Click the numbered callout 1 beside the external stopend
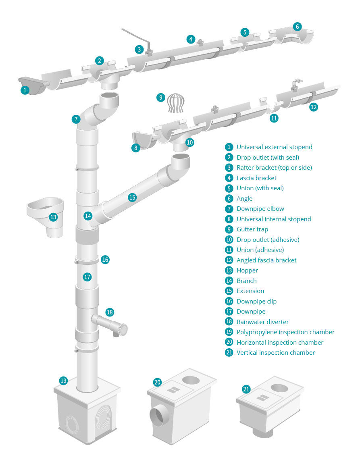tap(25, 90)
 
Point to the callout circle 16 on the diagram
tap(105, 260)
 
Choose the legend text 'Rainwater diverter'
tap(262, 322)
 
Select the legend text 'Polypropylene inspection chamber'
tap(285, 332)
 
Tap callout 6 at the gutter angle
tap(297, 27)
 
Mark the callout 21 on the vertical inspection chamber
tap(246, 389)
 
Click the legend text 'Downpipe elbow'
tap(260, 209)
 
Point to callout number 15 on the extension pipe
tap(132, 198)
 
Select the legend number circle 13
tap(229, 270)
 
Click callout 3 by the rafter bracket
tap(139, 50)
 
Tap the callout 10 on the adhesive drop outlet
tap(189, 142)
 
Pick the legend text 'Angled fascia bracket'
tap(266, 260)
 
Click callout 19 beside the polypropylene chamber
tap(63, 381)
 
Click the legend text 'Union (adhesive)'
tap(260, 250)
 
